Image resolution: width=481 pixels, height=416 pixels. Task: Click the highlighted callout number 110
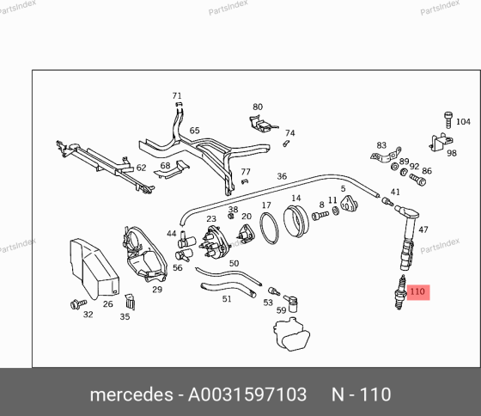417,292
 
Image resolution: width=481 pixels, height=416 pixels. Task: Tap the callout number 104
463,122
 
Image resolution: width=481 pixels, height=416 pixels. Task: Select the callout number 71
177,95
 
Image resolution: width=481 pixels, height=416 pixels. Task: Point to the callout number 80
257,107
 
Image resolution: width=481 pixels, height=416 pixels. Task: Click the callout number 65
195,131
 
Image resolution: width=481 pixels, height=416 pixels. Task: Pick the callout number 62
142,168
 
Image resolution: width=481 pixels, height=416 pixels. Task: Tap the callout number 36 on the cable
282,176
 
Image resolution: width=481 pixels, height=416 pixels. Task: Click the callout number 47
423,229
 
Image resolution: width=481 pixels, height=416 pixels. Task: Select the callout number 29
157,290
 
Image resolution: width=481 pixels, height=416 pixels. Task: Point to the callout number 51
227,299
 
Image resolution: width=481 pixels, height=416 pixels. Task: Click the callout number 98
451,152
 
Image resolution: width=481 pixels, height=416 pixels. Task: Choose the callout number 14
296,199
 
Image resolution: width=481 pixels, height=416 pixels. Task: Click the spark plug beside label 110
399,294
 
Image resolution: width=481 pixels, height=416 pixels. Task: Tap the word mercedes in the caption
131,395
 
